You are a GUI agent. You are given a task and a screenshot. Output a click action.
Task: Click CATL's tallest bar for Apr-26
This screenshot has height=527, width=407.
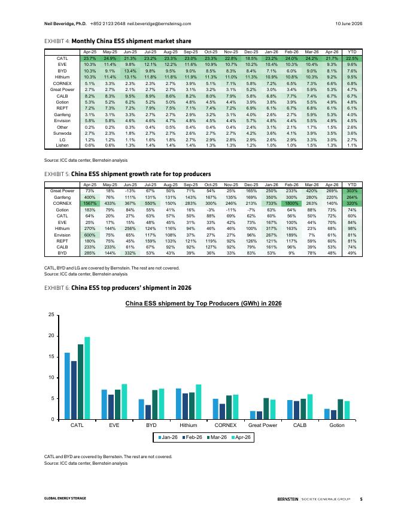[x=87, y=378]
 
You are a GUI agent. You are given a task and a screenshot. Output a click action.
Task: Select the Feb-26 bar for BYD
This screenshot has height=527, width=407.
[x=148, y=412]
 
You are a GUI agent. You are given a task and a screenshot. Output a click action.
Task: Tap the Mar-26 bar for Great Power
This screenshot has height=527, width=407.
[x=266, y=408]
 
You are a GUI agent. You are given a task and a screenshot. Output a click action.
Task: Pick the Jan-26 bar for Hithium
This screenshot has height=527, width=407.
[x=178, y=404]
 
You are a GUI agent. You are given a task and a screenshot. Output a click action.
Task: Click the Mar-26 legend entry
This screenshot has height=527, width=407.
[x=217, y=437]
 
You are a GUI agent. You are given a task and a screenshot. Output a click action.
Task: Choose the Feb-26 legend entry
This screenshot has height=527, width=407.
[x=192, y=437]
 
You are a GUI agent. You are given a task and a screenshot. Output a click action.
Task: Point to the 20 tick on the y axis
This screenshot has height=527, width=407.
[x=51, y=336]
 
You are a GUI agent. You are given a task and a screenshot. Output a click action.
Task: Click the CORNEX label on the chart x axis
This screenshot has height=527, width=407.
[x=225, y=425]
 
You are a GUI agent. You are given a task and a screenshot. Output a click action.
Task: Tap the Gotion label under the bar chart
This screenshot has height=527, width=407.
[x=337, y=425]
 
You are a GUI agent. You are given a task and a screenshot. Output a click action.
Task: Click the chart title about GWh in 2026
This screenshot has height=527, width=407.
[x=203, y=303]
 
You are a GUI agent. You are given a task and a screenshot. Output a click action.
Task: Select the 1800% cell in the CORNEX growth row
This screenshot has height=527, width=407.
[x=291, y=204]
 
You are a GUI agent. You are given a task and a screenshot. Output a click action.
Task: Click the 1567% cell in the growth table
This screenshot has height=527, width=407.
[x=90, y=204]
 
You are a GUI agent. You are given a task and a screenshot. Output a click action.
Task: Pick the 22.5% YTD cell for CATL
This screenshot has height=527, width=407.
[x=352, y=58]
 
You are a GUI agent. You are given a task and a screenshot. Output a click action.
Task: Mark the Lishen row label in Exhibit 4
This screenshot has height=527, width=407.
[x=62, y=145]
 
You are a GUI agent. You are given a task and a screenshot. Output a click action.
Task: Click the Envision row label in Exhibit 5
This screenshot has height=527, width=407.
[x=62, y=235]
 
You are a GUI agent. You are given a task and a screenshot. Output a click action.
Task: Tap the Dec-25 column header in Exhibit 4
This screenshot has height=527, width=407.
[x=251, y=52]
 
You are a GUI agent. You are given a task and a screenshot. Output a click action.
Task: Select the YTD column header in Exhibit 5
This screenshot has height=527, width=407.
[x=352, y=184]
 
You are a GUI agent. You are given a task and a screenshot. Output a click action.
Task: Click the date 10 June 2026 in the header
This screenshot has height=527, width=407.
[x=348, y=23]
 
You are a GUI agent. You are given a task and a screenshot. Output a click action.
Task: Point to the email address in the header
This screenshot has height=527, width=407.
[x=159, y=23]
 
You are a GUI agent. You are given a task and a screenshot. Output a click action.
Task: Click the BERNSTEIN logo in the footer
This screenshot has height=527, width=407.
[x=288, y=499]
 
